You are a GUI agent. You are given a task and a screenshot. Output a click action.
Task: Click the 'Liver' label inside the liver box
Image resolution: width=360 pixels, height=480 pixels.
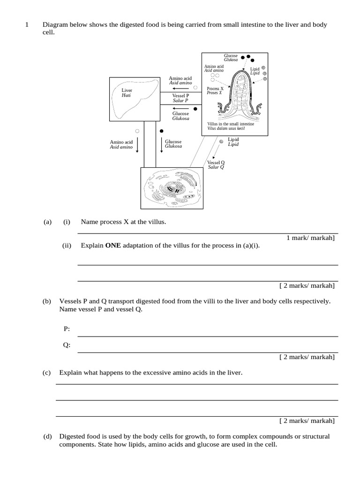127,90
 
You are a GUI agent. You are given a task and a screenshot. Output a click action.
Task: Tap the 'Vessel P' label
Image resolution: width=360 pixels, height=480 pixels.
180,95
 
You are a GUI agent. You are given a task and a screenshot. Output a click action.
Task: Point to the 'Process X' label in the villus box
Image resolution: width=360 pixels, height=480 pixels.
215,88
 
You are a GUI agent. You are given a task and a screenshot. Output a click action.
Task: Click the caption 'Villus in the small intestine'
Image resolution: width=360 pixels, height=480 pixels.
231,124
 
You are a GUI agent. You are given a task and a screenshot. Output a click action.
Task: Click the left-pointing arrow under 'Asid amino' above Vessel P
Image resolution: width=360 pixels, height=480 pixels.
180,88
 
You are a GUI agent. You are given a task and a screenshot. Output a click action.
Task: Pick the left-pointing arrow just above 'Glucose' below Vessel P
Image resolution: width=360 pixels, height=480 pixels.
180,108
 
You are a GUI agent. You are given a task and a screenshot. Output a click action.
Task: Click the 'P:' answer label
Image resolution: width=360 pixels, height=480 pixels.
67,329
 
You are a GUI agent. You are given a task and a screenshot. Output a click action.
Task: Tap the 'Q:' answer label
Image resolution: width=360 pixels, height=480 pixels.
67,345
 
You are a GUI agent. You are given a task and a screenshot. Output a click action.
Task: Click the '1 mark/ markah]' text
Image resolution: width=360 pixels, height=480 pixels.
310,238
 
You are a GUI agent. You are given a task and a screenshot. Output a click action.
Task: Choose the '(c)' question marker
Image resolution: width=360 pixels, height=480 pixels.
46,373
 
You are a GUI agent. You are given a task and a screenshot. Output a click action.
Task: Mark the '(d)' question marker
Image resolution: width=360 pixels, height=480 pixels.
47,436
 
